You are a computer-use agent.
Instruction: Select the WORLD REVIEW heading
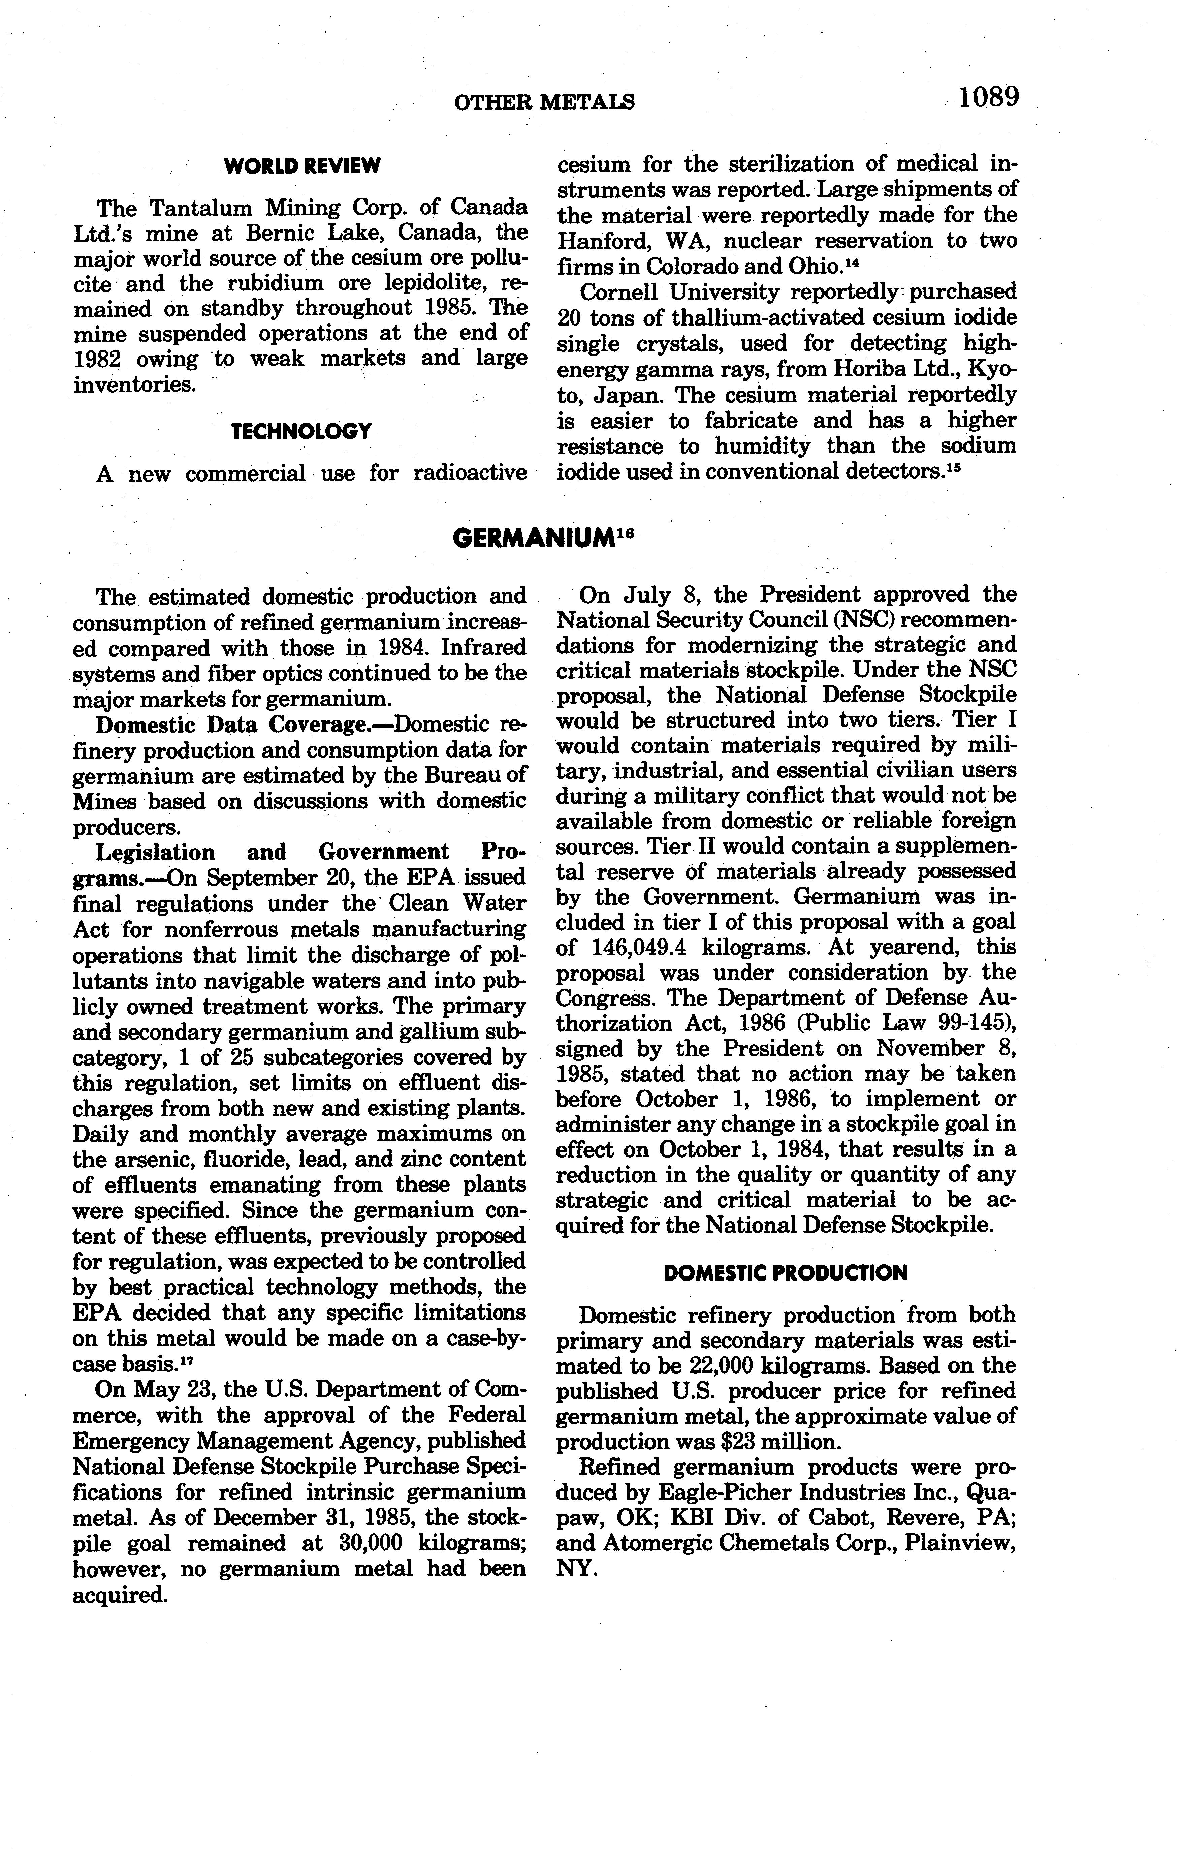(x=302, y=165)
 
